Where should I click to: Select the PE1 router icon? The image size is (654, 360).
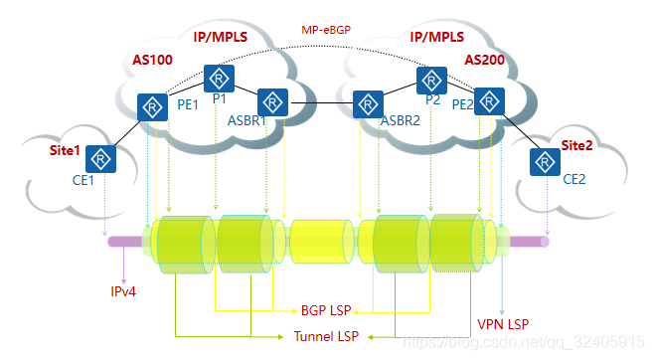153,106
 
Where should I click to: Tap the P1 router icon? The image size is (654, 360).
218,79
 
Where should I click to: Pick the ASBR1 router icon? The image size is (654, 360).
271,101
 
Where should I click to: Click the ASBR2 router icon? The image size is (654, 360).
368,102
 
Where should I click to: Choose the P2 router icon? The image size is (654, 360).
431,80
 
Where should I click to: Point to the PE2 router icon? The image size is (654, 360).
488,100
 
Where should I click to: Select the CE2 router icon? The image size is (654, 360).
544,161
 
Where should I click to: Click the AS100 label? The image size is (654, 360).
152,61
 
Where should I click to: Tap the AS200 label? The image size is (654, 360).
485,61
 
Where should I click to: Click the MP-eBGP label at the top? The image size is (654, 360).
327,31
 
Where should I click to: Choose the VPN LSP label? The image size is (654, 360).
504,324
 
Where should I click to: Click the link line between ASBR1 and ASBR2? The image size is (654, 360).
320,102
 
